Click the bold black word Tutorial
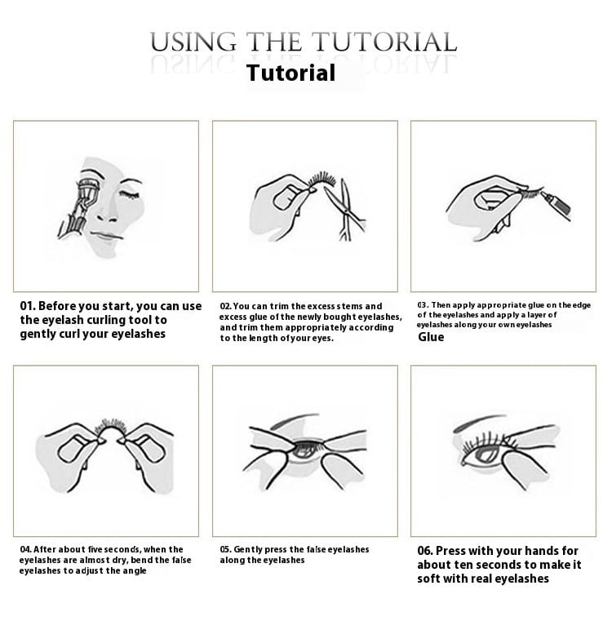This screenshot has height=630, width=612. coord(291,73)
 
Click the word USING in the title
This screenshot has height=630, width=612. coord(193,42)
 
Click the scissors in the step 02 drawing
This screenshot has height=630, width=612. coord(345,210)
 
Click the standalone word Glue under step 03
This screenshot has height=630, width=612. coord(431,337)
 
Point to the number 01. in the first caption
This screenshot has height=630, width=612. coord(28,306)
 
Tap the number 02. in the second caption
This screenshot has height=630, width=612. coord(225,306)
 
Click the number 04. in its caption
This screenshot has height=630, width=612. coord(26,549)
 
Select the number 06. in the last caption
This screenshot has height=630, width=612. coord(425,551)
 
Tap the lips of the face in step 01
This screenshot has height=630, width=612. coord(105,236)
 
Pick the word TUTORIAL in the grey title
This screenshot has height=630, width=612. coord(384,42)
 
